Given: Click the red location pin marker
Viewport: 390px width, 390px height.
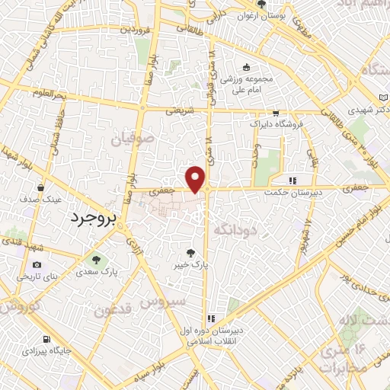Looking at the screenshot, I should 197,178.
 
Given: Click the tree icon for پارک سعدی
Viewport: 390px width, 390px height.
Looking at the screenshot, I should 96,259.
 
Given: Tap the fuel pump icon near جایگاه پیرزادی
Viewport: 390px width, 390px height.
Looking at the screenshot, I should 47,340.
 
